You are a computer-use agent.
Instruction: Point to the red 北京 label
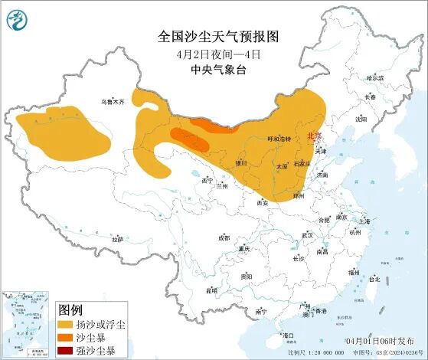pyautogui.click(x=314, y=136)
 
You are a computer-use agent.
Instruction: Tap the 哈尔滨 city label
pyautogui.click(x=374, y=78)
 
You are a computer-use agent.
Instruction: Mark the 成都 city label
pyautogui.click(x=223, y=238)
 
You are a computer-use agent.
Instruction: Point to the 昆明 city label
pyautogui.click(x=211, y=290)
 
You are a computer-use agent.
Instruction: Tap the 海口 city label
pyautogui.click(x=289, y=335)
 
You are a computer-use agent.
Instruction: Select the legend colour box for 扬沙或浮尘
pyautogui.click(x=66, y=326)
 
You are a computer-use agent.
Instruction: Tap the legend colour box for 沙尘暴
pyautogui.click(x=66, y=339)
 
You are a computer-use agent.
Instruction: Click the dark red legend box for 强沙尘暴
pyautogui.click(x=66, y=352)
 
